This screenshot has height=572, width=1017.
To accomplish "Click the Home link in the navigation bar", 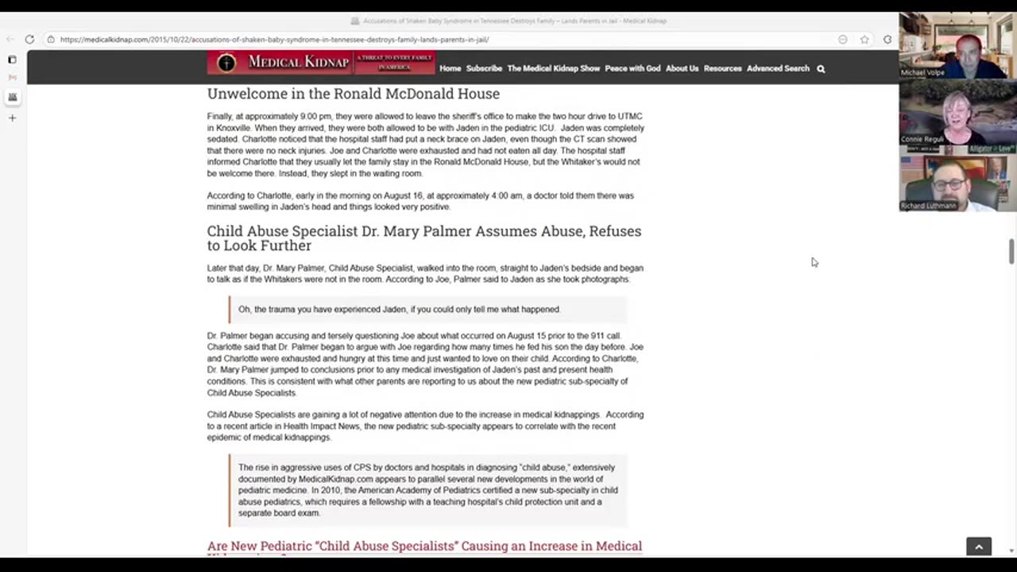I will tap(450, 68).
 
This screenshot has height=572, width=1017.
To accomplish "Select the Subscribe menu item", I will tap(484, 68).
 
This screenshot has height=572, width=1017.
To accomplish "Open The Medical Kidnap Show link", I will tap(553, 68).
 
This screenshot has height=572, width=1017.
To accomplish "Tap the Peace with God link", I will tap(632, 68).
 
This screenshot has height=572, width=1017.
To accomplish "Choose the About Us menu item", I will tap(682, 68).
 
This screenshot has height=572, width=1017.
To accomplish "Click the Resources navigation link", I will tap(722, 68).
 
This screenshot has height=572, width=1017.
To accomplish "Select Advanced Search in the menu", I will tap(778, 68).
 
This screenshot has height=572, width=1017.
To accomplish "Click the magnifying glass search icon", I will tap(821, 69).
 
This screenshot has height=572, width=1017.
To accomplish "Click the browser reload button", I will tap(29, 39).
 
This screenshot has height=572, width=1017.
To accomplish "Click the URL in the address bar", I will tap(274, 39).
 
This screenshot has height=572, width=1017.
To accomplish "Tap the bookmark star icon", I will tap(864, 40).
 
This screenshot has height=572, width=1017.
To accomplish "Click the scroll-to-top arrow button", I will tap(979, 547).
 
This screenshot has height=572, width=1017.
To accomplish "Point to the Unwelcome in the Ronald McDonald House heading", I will tap(353, 94).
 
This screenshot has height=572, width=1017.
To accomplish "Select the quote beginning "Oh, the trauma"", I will tap(399, 309).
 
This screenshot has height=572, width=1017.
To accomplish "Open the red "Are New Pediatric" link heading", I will tap(424, 546).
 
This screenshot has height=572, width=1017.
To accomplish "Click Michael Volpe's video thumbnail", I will tap(957, 45).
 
